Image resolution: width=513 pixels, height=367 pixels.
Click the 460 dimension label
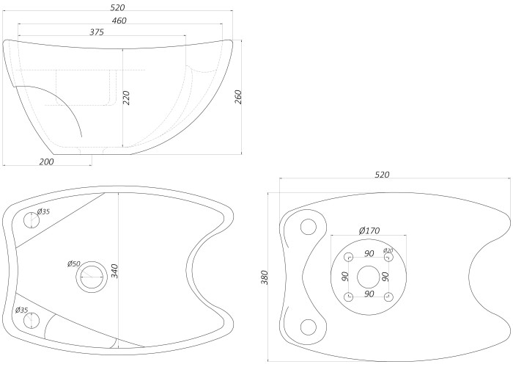[x=119, y=21]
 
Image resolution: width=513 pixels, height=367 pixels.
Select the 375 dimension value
[x=97, y=32]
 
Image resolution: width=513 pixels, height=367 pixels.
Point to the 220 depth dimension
[x=127, y=98]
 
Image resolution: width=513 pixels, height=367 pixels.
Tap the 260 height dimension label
[x=238, y=97]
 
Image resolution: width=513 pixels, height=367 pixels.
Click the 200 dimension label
[x=46, y=161]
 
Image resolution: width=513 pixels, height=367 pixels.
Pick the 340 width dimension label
[x=114, y=272]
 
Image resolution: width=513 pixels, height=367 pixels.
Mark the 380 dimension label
[x=265, y=277]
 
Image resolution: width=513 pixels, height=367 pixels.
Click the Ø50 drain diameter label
[x=74, y=264]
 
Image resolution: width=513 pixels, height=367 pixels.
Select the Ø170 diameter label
[x=369, y=230]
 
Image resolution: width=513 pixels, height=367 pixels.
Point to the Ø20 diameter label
[x=388, y=251]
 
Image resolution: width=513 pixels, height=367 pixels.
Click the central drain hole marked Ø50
[x=92, y=277]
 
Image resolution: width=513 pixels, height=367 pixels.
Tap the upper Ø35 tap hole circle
[x=32, y=220]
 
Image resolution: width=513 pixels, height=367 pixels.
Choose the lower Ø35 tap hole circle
[x=32, y=321]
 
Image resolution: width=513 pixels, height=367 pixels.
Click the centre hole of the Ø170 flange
[x=369, y=277]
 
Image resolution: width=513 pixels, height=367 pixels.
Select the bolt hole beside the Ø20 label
[x=388, y=258]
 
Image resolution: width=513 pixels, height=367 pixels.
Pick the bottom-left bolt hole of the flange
[x=349, y=297]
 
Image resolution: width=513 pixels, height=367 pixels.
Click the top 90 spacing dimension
[x=369, y=253]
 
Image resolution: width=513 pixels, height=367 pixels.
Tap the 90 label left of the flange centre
[x=344, y=276]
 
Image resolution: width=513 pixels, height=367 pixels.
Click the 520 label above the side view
[x=118, y=7]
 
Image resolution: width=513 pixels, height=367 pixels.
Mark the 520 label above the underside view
[x=382, y=175]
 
